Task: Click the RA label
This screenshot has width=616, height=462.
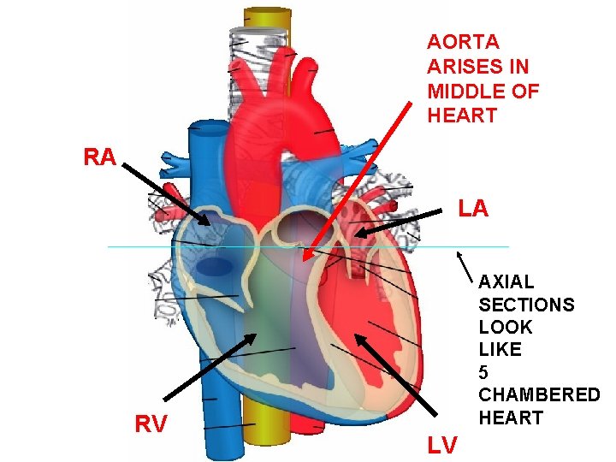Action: pos(100,157)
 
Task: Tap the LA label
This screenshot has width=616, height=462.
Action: pos(473,208)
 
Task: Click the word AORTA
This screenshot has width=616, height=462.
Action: pos(463,41)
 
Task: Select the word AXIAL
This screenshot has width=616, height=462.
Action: pos(506,281)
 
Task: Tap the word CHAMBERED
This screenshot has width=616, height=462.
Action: pos(539,395)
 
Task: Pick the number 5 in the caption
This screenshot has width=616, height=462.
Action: pos(484,372)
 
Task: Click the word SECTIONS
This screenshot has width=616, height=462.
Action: pos(526,305)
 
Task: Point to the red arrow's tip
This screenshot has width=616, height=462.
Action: pos(305,256)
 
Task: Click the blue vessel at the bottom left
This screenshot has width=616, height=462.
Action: pos(218,428)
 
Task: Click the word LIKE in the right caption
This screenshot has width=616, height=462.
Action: pos(499,350)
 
